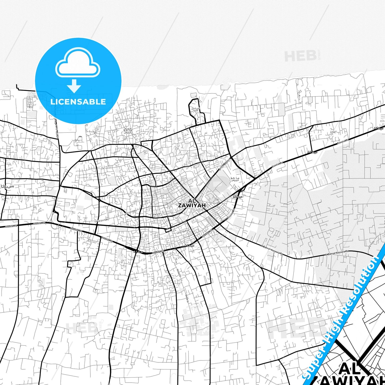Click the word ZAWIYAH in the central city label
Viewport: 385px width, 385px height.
(192, 205)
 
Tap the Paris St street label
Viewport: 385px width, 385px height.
(157, 214)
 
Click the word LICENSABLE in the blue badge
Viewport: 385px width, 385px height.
(78, 102)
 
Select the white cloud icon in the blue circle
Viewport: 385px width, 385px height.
(78, 63)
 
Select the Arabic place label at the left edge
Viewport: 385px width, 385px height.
(7, 186)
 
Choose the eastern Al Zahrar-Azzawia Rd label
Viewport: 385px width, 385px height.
(337, 253)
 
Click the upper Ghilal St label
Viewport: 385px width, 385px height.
(179, 272)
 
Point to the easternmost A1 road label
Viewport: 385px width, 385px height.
(378, 128)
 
